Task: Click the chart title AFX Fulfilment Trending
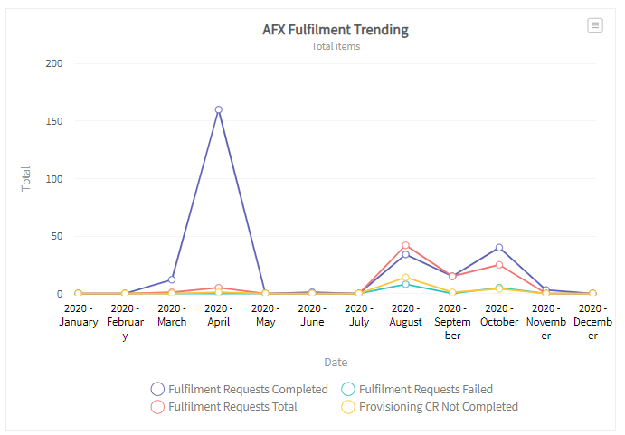[x=335, y=29]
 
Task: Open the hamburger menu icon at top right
[x=595, y=25]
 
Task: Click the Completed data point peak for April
[x=218, y=109]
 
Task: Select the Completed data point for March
[x=172, y=279]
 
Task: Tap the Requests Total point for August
[x=406, y=245]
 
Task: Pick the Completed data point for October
[x=499, y=248]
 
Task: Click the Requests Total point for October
[x=499, y=265]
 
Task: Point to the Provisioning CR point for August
[x=406, y=278]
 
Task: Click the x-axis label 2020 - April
[x=218, y=315]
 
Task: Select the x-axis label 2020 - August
[x=406, y=315]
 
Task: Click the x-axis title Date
[x=336, y=362]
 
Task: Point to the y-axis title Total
[x=26, y=178]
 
